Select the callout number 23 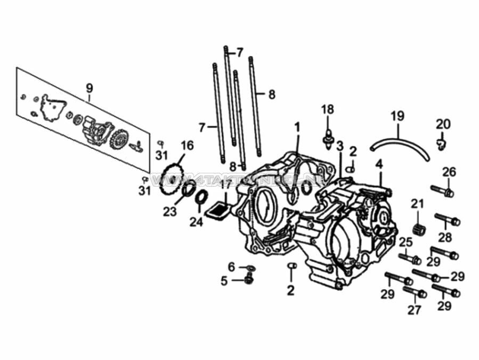pyautogui.click(x=170, y=212)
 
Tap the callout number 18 pyautogui.click(x=327, y=109)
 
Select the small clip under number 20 pyautogui.click(x=441, y=143)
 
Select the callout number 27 pyautogui.click(x=414, y=309)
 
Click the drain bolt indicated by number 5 pyautogui.click(x=248, y=279)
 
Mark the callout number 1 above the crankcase pyautogui.click(x=297, y=127)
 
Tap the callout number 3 pyautogui.click(x=339, y=146)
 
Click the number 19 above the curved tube pyautogui.click(x=397, y=116)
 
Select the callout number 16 pyautogui.click(x=186, y=146)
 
